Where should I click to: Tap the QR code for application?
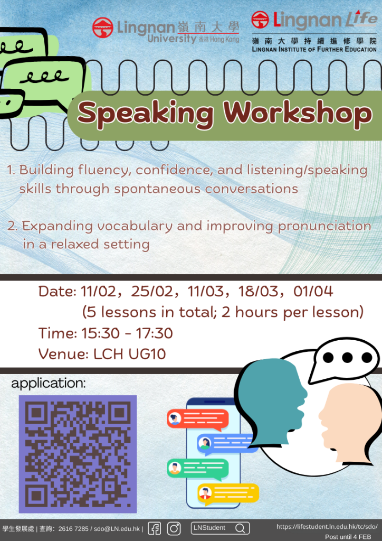pyautogui.click(x=78, y=454)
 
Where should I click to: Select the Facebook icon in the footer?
pyautogui.click(x=154, y=528)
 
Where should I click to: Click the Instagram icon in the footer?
pyautogui.click(x=174, y=528)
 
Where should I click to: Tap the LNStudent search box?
pyautogui.click(x=220, y=528)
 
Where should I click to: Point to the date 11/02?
pyautogui.click(x=96, y=291)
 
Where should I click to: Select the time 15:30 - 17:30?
pyautogui.click(x=127, y=333)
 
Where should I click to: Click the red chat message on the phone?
pyautogui.click(x=197, y=419)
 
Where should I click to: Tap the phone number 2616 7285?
pyautogui.click(x=73, y=528)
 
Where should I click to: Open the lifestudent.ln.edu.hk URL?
pyautogui.click(x=327, y=527)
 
